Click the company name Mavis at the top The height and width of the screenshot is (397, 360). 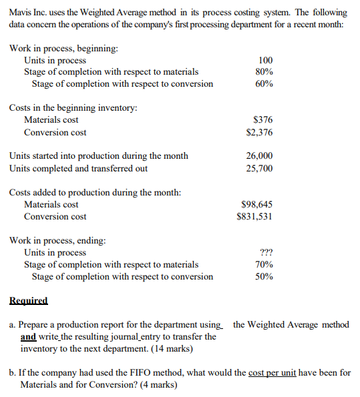(21, 13)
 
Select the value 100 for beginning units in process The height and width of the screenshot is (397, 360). (264, 60)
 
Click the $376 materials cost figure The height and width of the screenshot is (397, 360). (263, 120)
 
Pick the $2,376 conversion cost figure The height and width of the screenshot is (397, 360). (259, 132)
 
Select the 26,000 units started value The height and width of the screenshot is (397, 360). (260, 156)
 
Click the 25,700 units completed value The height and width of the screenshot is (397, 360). (260, 168)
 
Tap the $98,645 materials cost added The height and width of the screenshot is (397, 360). (256, 204)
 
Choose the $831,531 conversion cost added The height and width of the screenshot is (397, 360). (254, 216)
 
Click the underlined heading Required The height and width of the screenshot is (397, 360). (29, 300)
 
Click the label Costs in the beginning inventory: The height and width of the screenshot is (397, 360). (73, 108)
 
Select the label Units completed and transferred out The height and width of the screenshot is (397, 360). (78, 168)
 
